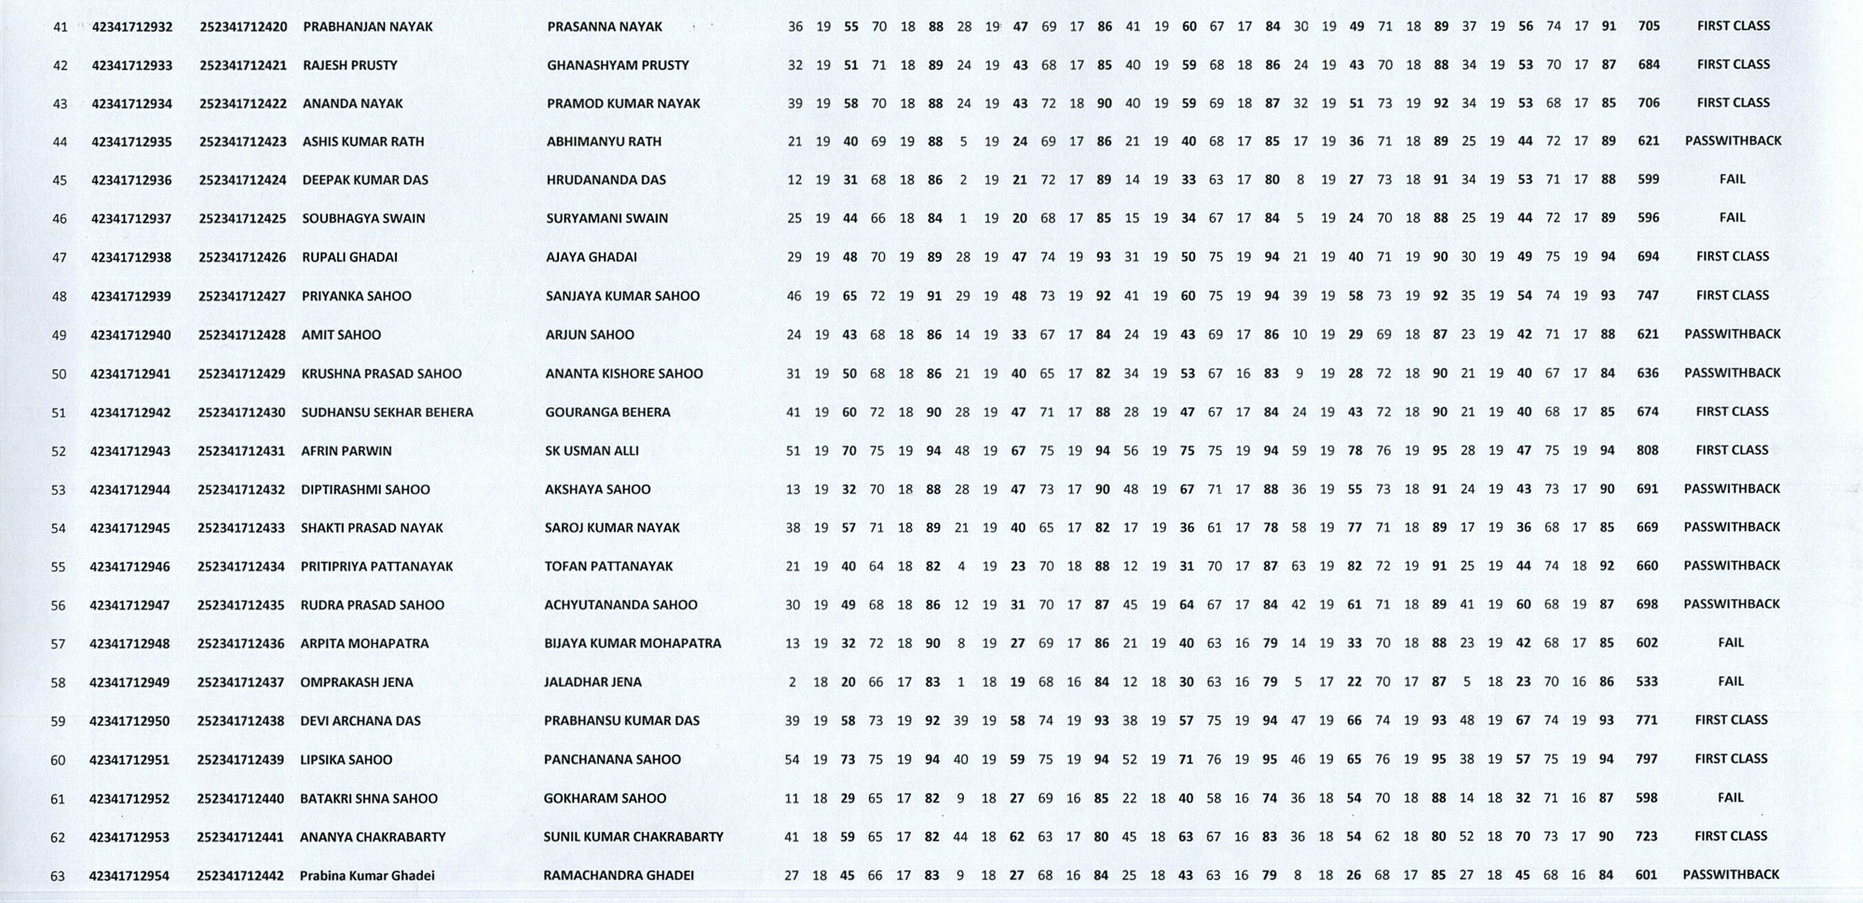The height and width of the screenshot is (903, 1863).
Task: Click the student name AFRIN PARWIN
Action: (346, 451)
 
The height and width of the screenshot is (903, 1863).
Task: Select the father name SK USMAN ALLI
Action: (592, 451)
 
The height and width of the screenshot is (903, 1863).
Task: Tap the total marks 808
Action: (1647, 450)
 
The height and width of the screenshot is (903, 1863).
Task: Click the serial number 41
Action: (61, 27)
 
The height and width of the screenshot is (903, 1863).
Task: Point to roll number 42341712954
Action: (129, 876)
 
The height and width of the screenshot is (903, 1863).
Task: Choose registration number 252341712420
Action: (243, 27)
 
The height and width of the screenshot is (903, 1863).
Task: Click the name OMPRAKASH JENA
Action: (356, 682)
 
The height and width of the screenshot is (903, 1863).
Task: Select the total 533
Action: (1647, 681)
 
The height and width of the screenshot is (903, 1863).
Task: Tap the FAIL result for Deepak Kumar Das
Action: (1733, 179)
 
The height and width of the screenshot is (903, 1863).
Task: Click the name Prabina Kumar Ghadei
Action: (367, 876)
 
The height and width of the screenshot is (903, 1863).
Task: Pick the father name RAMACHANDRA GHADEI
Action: (619, 876)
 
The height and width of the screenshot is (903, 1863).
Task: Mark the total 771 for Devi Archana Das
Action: (1647, 720)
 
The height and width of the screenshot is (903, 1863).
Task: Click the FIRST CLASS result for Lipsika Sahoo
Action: (1731, 759)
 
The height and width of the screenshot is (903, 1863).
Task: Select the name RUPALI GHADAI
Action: (349, 257)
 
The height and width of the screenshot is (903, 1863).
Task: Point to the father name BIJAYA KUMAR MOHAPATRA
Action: (632, 643)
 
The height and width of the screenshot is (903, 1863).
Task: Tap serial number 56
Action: (59, 606)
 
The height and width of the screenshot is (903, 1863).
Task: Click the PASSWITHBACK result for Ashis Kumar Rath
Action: (1733, 141)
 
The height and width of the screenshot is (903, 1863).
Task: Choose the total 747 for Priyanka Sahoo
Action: (1648, 295)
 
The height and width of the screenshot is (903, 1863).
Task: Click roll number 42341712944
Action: (130, 489)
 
